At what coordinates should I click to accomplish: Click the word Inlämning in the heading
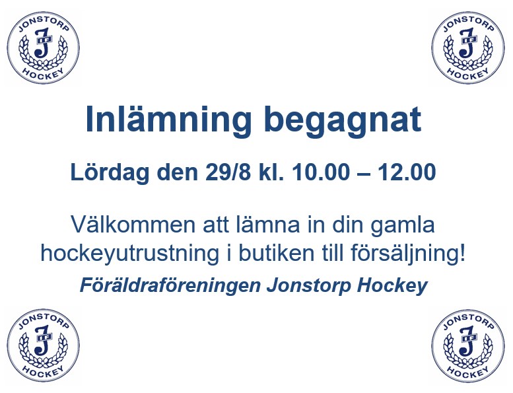pyautogui.click(x=168, y=120)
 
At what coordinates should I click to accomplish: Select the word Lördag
pyautogui.click(x=110, y=173)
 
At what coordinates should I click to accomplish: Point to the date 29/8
pyautogui.click(x=228, y=172)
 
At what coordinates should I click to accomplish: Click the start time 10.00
pyautogui.click(x=321, y=172)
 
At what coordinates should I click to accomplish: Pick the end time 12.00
pyautogui.click(x=407, y=172)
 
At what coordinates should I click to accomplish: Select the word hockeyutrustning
pyautogui.click(x=129, y=254)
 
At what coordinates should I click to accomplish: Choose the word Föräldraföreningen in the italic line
pyautogui.click(x=170, y=286)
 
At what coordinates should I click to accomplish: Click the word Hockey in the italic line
pyautogui.click(x=392, y=286)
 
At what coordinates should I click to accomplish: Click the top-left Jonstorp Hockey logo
pyautogui.click(x=43, y=48)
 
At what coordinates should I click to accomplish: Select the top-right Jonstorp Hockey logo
pyautogui.click(x=468, y=48)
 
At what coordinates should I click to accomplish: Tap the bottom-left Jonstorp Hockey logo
pyautogui.click(x=43, y=345)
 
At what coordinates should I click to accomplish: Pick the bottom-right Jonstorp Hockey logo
pyautogui.click(x=468, y=346)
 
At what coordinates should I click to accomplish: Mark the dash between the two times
pyautogui.click(x=364, y=174)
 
